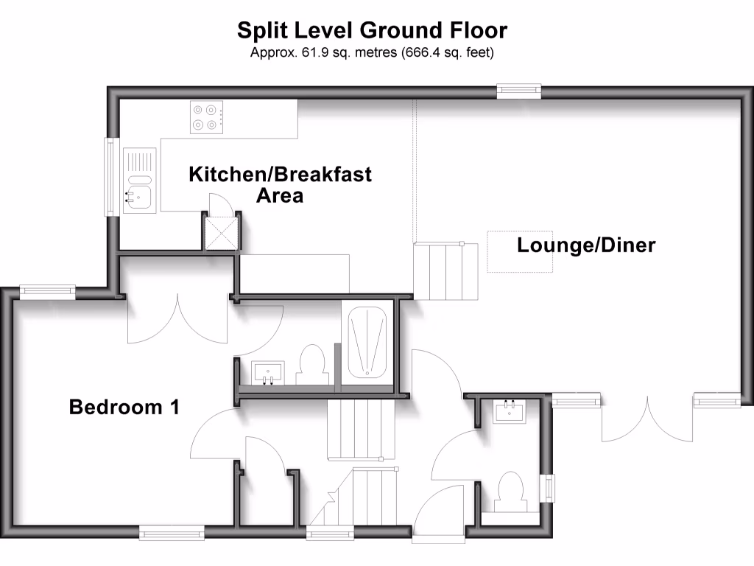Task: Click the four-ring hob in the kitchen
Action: click(205, 117)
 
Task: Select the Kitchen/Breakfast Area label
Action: click(280, 184)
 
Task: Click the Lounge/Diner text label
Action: click(585, 245)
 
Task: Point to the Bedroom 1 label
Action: click(124, 407)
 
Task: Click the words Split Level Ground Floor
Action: click(372, 30)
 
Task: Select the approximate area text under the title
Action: click(372, 52)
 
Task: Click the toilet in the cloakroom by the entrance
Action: click(510, 490)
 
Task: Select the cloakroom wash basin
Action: click(510, 410)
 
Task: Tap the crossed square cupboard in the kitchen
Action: click(222, 234)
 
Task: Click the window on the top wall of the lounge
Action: click(519, 91)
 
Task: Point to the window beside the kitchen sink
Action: click(110, 177)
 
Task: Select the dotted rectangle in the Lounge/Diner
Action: click(519, 251)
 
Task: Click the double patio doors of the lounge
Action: click(648, 420)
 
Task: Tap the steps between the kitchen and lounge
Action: click(440, 270)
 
